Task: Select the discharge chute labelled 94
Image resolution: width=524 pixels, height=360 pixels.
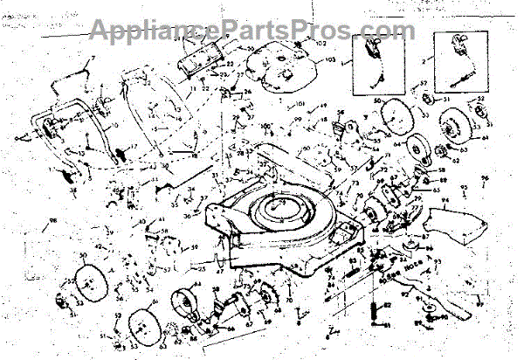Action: [458, 223]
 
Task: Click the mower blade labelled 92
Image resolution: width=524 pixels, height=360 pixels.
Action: [454, 297]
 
